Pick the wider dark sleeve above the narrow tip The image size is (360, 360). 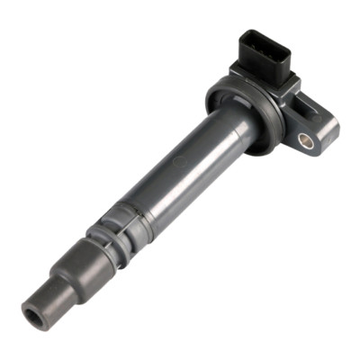(x=81, y=270)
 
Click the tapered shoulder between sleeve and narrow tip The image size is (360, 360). (x=66, y=286)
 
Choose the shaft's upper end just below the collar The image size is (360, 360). (x=220, y=135)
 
